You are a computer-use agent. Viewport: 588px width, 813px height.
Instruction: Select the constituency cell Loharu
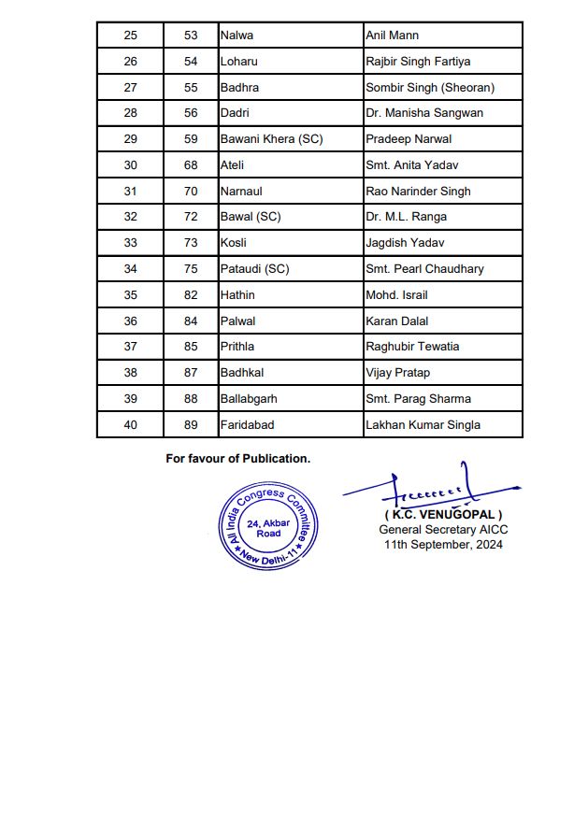coord(238,62)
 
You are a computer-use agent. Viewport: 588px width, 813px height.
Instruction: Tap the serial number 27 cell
coord(130,88)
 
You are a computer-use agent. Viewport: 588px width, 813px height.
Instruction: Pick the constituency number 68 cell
coord(191,165)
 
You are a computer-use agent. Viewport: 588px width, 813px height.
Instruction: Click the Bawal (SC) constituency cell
coord(250,217)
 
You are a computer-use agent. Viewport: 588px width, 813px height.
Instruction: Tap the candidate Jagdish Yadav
coord(403,243)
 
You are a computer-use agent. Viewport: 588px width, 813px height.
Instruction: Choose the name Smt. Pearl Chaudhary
coord(424,269)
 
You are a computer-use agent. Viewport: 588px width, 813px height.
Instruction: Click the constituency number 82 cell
coord(191,295)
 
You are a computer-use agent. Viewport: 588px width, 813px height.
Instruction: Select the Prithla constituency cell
coord(237,347)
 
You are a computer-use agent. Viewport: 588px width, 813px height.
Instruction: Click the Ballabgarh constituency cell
coord(249,399)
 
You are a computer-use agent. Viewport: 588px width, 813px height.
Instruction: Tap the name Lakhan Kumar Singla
coord(423,425)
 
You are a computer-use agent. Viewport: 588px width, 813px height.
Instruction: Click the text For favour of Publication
coord(237,459)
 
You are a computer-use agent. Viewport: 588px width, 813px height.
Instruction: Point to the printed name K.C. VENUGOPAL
coord(443,515)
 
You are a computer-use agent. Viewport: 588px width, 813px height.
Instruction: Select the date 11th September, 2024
coord(442,545)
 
